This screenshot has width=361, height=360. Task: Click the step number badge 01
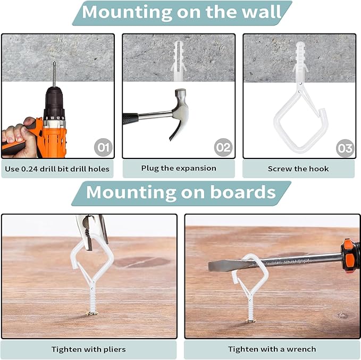point(103,147)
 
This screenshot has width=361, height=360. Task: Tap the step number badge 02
point(223,147)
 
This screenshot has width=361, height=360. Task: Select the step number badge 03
point(345,148)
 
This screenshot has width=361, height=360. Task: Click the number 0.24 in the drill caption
point(29,169)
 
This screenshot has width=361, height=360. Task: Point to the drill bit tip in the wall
point(54,62)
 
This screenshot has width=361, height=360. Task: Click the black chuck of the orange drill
point(54,101)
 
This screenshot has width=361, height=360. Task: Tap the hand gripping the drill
point(19,138)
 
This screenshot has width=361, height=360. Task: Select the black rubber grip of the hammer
point(131,119)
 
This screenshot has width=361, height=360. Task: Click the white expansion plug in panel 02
point(179,61)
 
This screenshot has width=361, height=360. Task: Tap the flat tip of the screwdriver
point(219,266)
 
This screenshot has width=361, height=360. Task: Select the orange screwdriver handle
point(350,255)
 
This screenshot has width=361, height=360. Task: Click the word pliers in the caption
point(114,349)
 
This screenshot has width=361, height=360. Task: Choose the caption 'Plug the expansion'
point(179,169)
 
